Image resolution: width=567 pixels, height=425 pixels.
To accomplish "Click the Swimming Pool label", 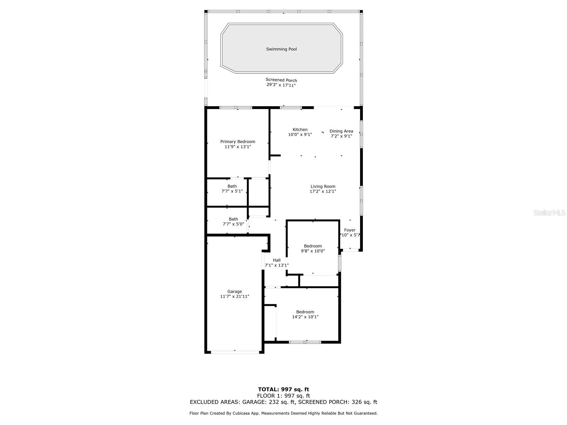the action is tap(281, 49).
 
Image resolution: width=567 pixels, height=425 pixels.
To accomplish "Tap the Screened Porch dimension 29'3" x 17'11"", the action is tap(281, 85).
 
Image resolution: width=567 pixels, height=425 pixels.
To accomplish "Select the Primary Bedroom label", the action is tap(238, 142).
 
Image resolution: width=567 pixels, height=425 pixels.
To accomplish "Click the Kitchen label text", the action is tap(300, 130).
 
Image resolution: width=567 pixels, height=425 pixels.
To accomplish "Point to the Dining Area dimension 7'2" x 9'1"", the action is tap(341, 136).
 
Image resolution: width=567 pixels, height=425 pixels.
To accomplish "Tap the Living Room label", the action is tap(323, 186).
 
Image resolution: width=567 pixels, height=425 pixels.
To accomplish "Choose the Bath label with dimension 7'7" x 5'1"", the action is tap(232, 186).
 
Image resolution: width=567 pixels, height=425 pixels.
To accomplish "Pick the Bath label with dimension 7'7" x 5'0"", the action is tap(233, 219).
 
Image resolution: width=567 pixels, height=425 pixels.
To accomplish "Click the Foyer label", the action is tap(350, 230).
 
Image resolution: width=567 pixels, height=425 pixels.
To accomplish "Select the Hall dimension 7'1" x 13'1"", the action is tap(277, 265).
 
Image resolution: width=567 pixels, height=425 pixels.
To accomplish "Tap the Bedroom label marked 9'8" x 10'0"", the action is tap(313, 246).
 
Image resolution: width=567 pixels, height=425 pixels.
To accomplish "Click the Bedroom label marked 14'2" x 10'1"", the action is tap(305, 312).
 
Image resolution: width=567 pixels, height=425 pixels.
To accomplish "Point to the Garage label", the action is tap(235, 291).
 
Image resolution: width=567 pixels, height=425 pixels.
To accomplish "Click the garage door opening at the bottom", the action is tap(235, 352).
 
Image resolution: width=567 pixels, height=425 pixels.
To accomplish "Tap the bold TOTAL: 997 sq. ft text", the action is tap(283, 389).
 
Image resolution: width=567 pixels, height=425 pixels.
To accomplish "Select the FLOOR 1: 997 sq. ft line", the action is tap(283, 396).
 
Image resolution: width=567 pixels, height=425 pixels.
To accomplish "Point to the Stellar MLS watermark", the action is tap(549, 212).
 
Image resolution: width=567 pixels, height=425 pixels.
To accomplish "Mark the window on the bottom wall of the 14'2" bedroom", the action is tap(305, 342).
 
